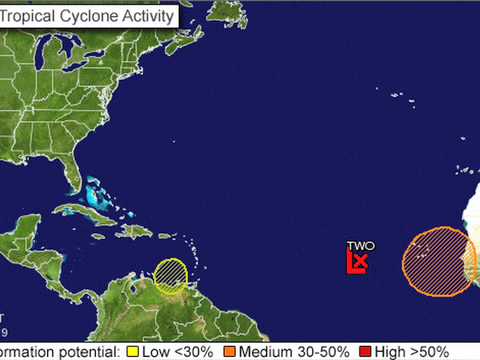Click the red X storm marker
point(359,263)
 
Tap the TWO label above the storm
point(360,245)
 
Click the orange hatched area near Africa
point(437,261)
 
